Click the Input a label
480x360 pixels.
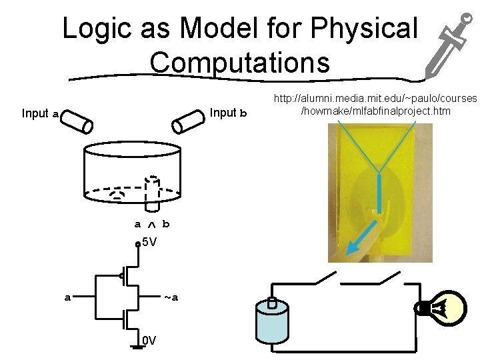[x=40, y=114]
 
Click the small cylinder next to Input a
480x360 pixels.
[x=78, y=121]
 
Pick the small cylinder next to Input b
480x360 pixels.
[x=188, y=120]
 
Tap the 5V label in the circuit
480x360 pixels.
[x=149, y=242]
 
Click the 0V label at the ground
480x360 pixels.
[x=149, y=341]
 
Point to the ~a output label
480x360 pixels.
[x=171, y=297]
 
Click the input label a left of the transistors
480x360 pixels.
[x=67, y=297]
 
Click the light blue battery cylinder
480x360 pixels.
[x=272, y=323]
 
